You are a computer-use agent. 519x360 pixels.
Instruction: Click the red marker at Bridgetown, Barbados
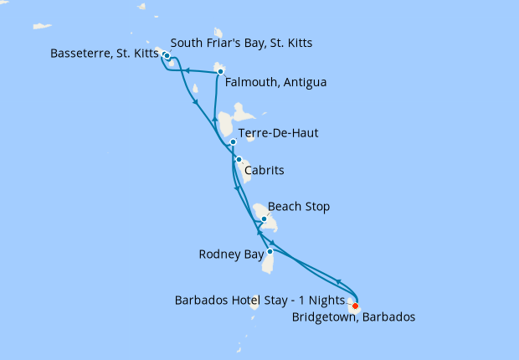[355, 305]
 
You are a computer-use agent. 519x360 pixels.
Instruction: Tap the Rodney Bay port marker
[270, 251]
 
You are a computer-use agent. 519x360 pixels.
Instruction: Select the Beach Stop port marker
[264, 219]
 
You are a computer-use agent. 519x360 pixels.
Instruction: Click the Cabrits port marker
[239, 159]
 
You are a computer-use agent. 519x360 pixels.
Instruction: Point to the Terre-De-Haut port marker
[233, 142]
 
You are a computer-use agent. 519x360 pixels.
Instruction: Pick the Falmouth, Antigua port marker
[220, 71]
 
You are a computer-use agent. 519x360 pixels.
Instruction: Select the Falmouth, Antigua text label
[276, 83]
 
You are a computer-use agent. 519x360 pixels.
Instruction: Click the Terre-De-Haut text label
[278, 132]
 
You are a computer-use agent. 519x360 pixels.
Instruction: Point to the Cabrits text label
[264, 170]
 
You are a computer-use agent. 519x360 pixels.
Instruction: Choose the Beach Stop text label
[299, 206]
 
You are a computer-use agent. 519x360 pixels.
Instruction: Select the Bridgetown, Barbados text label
[353, 317]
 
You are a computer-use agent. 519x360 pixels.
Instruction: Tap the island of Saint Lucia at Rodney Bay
[269, 262]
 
